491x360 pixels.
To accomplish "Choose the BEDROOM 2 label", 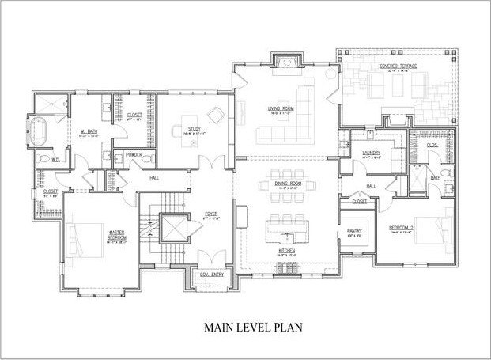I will [x=401, y=228].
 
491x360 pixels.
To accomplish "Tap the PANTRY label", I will [x=353, y=231].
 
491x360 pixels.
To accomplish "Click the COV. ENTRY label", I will [x=211, y=275].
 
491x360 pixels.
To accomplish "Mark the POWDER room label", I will [x=132, y=156].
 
